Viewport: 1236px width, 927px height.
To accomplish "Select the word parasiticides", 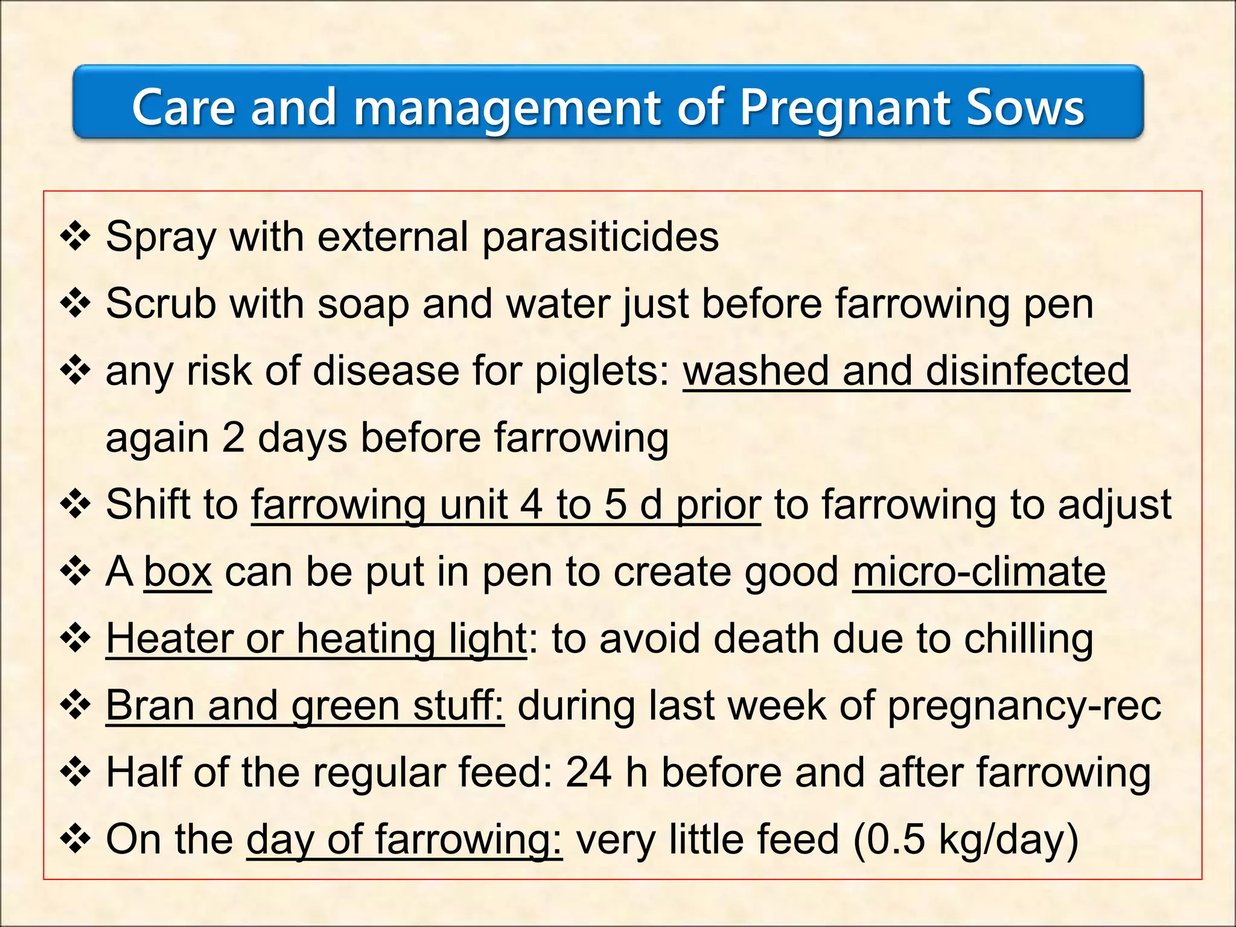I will [600, 237].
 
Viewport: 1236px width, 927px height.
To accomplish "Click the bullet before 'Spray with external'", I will [75, 237].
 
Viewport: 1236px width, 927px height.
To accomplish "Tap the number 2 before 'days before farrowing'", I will [233, 438].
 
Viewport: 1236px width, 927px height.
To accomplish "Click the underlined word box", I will [177, 572].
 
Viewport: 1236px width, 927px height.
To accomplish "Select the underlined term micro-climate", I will [979, 572].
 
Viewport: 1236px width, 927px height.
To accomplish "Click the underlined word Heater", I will [169, 639].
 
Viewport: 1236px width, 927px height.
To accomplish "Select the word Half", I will [144, 772].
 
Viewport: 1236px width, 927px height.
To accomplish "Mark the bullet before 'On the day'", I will [75, 839].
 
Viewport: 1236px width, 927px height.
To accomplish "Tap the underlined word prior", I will [718, 505].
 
